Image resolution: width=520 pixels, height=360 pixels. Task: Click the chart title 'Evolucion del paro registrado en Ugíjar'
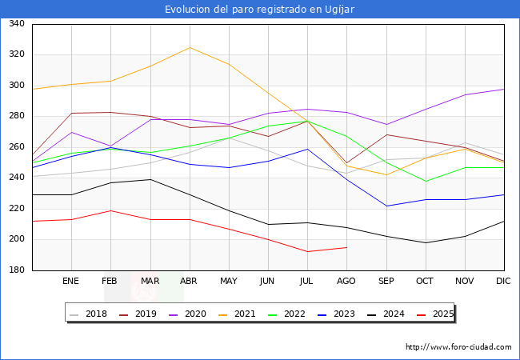click(260, 9)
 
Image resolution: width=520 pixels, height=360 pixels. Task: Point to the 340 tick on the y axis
click(16, 24)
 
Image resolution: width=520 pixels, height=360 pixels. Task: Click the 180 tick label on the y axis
click(16, 270)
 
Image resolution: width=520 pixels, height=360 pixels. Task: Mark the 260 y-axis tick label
click(16, 147)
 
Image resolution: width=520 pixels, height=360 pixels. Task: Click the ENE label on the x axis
click(71, 282)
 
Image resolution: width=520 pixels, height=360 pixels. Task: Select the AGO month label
click(346, 282)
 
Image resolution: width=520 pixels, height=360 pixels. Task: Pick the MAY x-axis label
click(229, 282)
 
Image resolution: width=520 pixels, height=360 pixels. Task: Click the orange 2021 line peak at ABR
click(190, 47)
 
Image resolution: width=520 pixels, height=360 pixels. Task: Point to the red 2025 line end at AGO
click(346, 247)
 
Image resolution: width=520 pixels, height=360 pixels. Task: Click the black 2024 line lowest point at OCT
click(426, 242)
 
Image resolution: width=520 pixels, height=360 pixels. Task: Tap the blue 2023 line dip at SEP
click(386, 206)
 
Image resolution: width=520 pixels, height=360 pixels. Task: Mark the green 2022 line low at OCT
click(426, 181)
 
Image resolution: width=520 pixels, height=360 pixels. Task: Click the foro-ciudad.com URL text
click(458, 347)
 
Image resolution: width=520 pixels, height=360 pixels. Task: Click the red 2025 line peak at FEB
click(110, 210)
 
